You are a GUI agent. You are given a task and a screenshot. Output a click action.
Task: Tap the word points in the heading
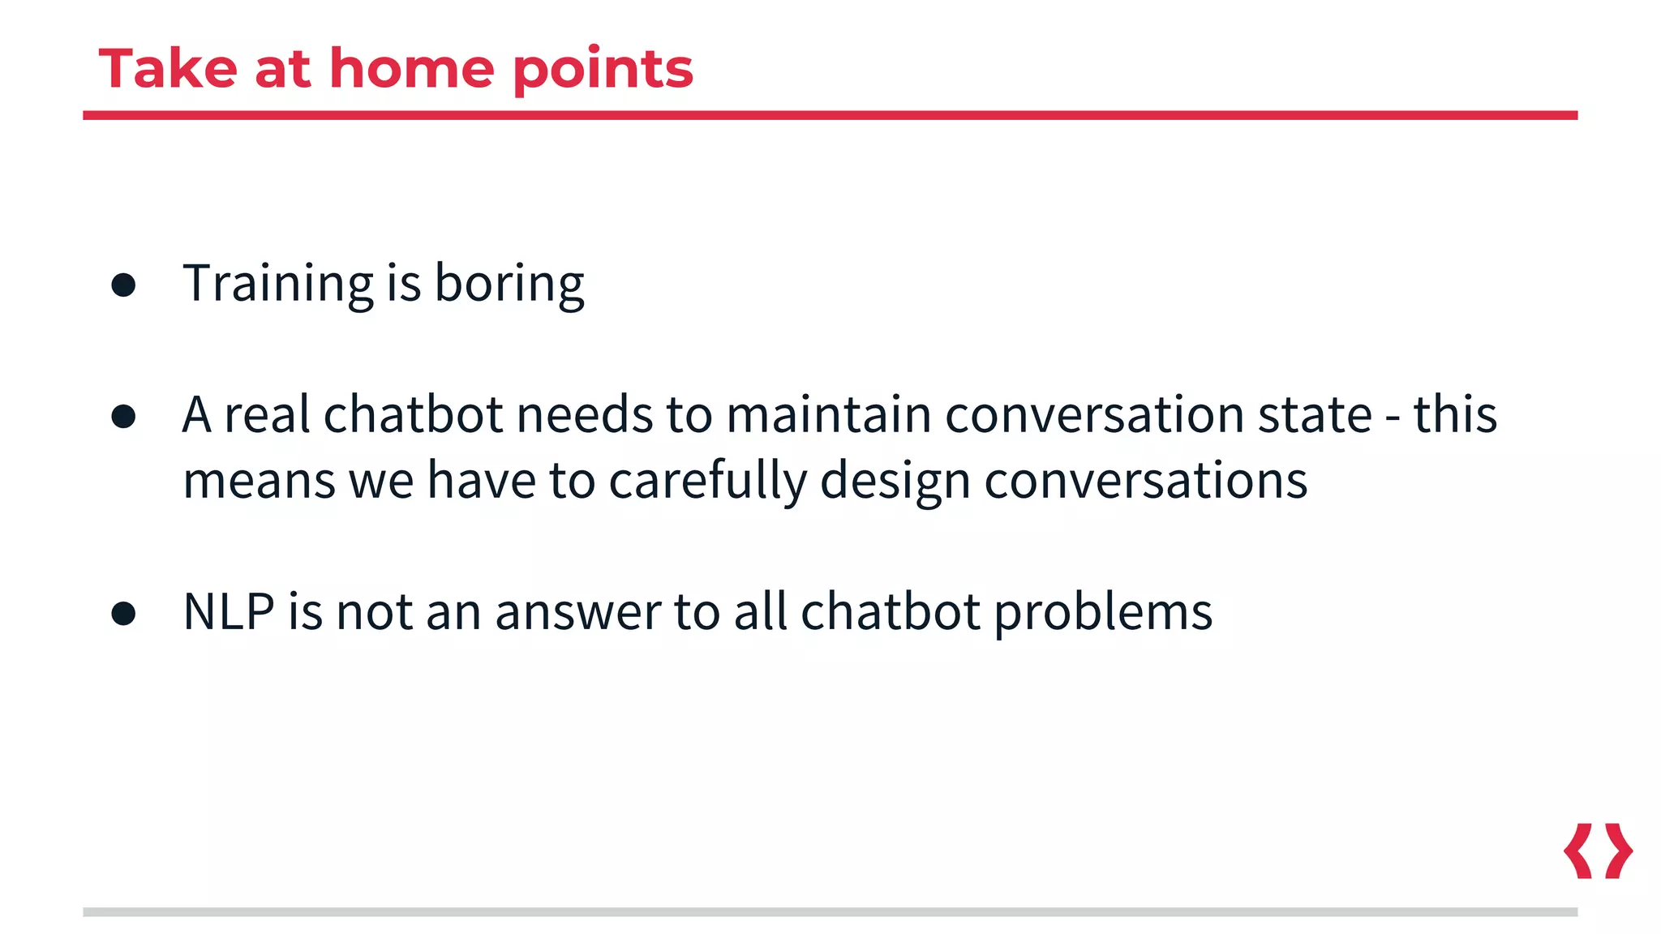603,71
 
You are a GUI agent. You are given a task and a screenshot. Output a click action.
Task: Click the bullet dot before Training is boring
123,285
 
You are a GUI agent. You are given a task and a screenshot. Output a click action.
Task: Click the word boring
509,285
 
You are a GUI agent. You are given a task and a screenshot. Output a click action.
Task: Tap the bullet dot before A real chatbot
123,416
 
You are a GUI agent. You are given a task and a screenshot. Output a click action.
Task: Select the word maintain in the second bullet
828,415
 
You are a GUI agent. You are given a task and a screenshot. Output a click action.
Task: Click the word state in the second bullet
1314,415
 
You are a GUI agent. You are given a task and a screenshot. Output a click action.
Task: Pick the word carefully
707,481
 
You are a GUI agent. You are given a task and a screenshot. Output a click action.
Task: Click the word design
895,481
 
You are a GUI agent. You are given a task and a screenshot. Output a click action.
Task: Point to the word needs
584,415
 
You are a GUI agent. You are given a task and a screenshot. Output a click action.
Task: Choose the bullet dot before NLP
123,613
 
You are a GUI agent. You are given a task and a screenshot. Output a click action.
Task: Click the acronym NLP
229,611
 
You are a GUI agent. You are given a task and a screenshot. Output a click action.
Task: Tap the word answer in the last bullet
577,613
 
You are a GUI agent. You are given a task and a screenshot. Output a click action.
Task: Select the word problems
1103,613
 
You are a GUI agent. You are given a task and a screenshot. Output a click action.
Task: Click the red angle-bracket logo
1598,850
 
